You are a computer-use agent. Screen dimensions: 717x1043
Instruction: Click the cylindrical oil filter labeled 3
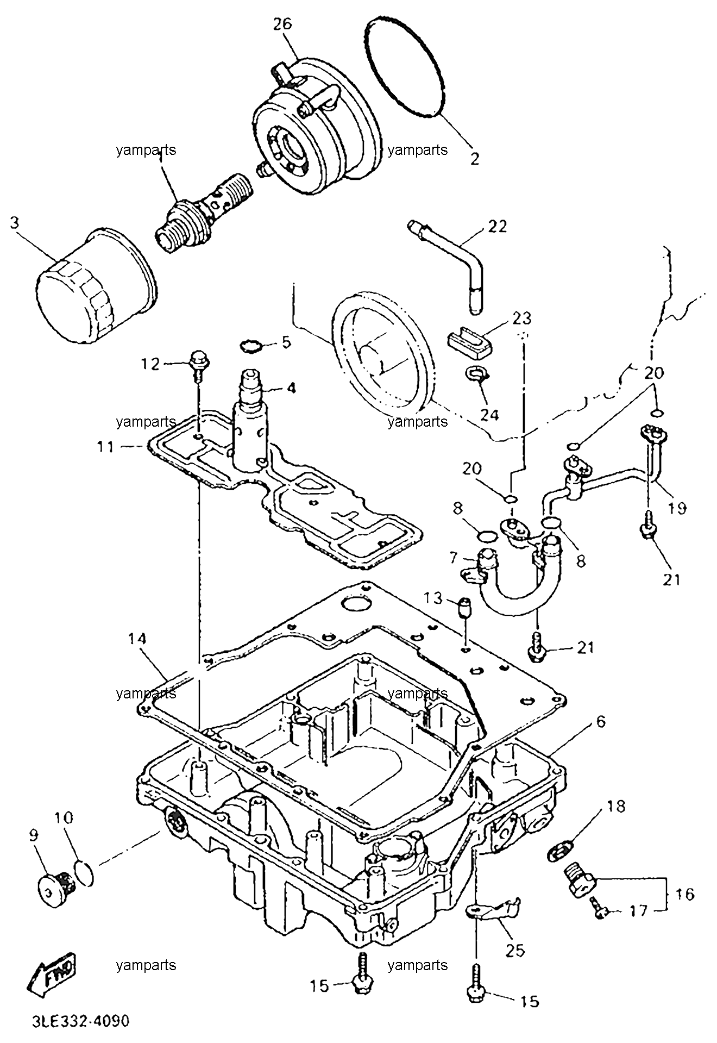96,287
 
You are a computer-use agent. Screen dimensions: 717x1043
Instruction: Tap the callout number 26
283,24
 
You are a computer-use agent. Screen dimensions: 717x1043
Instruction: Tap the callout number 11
106,447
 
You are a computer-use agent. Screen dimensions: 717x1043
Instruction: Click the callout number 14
138,639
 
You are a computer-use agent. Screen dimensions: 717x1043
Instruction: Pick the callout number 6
600,722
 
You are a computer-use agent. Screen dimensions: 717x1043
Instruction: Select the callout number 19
677,508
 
